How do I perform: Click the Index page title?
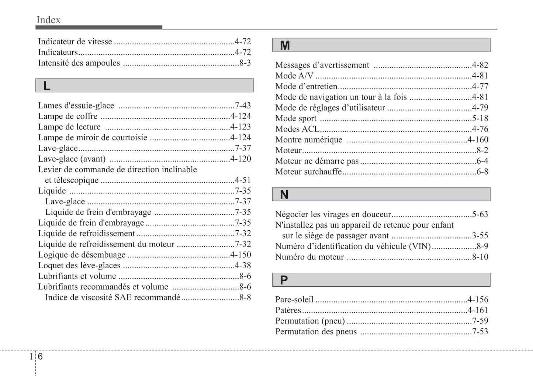[48, 20]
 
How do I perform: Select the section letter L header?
[47, 86]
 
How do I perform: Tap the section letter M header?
[285, 45]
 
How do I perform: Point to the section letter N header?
[284, 194]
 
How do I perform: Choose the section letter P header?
[284, 280]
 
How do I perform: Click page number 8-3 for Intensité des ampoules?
[245, 63]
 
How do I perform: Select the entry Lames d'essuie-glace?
[76, 106]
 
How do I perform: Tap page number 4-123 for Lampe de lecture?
[240, 127]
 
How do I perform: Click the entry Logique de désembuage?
[82, 255]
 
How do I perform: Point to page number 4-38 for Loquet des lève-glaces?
[243, 266]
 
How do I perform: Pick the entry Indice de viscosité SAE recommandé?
[113, 298]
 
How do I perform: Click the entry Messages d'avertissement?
[322, 65]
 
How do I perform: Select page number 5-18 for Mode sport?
[480, 118]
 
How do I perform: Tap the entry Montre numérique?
[309, 140]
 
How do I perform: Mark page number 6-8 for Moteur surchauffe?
[482, 172]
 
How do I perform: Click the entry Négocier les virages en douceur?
[333, 214]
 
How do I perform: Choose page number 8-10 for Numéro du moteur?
[480, 257]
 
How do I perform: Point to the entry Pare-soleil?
[294, 300]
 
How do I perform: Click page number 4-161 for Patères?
[478, 310]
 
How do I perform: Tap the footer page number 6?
[40, 356]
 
